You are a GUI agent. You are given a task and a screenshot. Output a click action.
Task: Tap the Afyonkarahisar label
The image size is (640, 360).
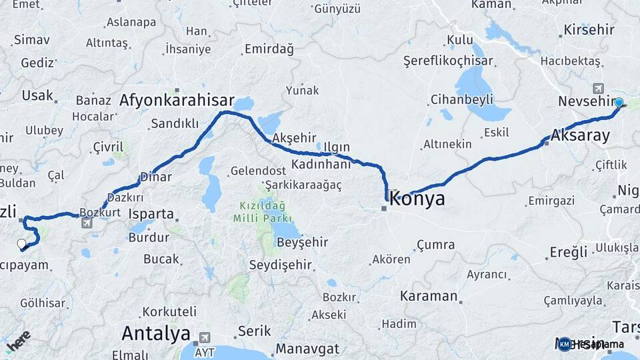point(177,101)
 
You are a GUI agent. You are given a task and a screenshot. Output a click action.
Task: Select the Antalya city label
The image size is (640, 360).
point(155,333)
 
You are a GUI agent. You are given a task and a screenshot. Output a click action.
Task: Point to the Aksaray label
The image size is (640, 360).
point(580,135)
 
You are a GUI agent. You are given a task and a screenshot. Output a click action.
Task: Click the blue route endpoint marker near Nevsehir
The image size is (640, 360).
point(619,103)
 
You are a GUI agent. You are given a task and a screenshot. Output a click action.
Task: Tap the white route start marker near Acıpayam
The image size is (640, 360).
point(21,244)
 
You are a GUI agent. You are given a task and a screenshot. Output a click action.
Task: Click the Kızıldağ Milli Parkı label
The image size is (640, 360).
point(263,212)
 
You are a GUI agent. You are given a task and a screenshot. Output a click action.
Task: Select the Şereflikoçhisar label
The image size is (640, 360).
point(448,61)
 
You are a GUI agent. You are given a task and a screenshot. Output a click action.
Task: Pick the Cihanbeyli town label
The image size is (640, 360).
point(461,99)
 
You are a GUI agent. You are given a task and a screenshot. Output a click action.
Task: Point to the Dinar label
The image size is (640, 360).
point(155,177)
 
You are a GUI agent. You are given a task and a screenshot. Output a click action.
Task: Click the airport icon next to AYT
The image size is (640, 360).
point(204,338)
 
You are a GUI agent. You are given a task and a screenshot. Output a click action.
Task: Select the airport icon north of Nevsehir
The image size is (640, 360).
point(597,88)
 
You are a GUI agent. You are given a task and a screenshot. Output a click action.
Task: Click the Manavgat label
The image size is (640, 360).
point(307,348)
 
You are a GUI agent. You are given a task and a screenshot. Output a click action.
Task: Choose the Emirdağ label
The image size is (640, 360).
point(269,49)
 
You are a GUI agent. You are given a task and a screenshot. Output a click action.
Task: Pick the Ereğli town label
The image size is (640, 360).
point(569,252)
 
